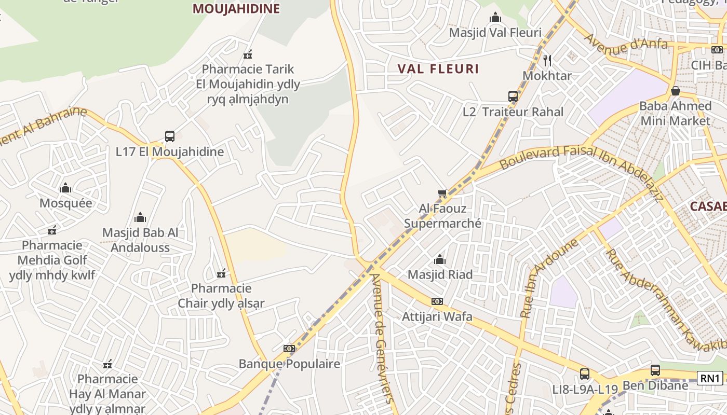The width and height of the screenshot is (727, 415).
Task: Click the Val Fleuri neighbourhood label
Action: (x=438, y=69)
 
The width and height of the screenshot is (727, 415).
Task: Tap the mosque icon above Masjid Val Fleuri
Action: (x=495, y=18)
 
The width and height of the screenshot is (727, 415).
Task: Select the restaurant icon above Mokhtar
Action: (x=547, y=61)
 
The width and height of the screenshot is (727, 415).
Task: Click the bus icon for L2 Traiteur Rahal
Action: (x=513, y=96)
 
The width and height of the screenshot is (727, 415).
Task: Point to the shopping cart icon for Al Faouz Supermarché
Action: (x=442, y=193)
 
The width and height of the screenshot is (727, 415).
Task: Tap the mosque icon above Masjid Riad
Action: (x=440, y=259)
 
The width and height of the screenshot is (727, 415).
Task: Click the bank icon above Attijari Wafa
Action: (x=437, y=301)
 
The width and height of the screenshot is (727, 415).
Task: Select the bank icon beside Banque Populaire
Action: (x=289, y=349)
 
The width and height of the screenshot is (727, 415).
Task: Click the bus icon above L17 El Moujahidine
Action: (x=169, y=136)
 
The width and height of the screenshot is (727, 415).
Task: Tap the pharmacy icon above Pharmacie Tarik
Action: (x=248, y=54)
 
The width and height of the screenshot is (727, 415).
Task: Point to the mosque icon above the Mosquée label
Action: (x=65, y=188)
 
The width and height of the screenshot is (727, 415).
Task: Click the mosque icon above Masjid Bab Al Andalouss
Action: (x=140, y=218)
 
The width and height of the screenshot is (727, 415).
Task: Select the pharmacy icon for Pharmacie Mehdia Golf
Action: (x=52, y=230)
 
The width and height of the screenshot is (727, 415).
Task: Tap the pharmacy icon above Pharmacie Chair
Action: (x=221, y=273)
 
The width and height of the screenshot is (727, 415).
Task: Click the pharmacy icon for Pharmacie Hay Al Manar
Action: (x=107, y=365)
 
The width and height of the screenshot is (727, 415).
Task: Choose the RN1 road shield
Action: (x=709, y=378)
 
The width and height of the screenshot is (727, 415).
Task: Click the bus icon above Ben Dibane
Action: (x=655, y=370)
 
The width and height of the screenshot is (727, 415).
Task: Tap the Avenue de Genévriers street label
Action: (x=383, y=337)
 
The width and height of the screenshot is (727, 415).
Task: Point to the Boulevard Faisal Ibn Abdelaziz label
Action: (x=582, y=165)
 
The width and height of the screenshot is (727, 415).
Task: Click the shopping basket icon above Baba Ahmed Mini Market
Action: (x=675, y=91)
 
